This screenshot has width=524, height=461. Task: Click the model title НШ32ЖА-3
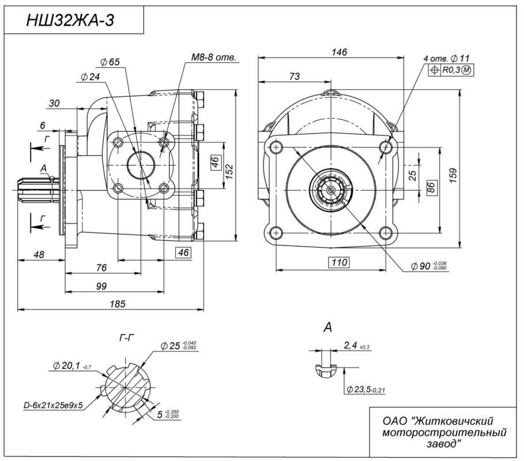pos(71,20)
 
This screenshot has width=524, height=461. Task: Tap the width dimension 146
pos(339,52)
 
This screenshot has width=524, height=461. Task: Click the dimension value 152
pos(229,170)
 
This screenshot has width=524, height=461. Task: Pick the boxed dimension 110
pos(340,263)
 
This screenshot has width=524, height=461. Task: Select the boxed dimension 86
pos(429,186)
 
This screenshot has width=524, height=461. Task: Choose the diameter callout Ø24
pos(91,76)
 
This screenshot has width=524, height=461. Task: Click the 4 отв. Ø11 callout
pos(447,59)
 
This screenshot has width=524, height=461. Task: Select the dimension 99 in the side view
pos(102,286)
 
